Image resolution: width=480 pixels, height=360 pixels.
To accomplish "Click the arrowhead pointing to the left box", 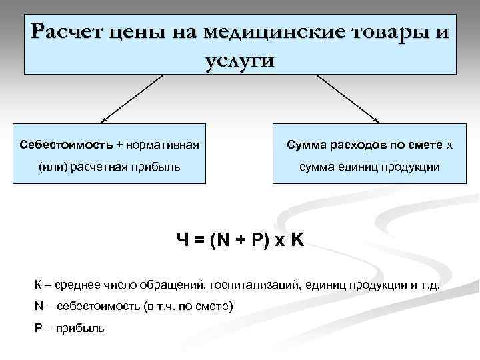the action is pyautogui.click(x=101, y=121).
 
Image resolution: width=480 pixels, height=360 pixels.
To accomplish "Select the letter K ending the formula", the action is pyautogui.click(x=297, y=239).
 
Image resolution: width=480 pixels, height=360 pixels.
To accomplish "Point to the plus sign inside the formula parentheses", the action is pyautogui.click(x=238, y=239).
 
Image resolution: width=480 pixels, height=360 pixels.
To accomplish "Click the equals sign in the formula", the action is pyautogui.click(x=197, y=239).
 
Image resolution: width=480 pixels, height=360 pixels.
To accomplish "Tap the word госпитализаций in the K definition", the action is pyautogui.click(x=254, y=285).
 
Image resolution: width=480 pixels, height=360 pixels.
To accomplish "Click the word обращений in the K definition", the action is pyautogui.click(x=173, y=285).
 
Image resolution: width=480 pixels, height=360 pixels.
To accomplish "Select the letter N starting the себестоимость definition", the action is pyautogui.click(x=38, y=307).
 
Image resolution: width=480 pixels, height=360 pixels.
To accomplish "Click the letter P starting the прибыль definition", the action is pyautogui.click(x=37, y=328).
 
